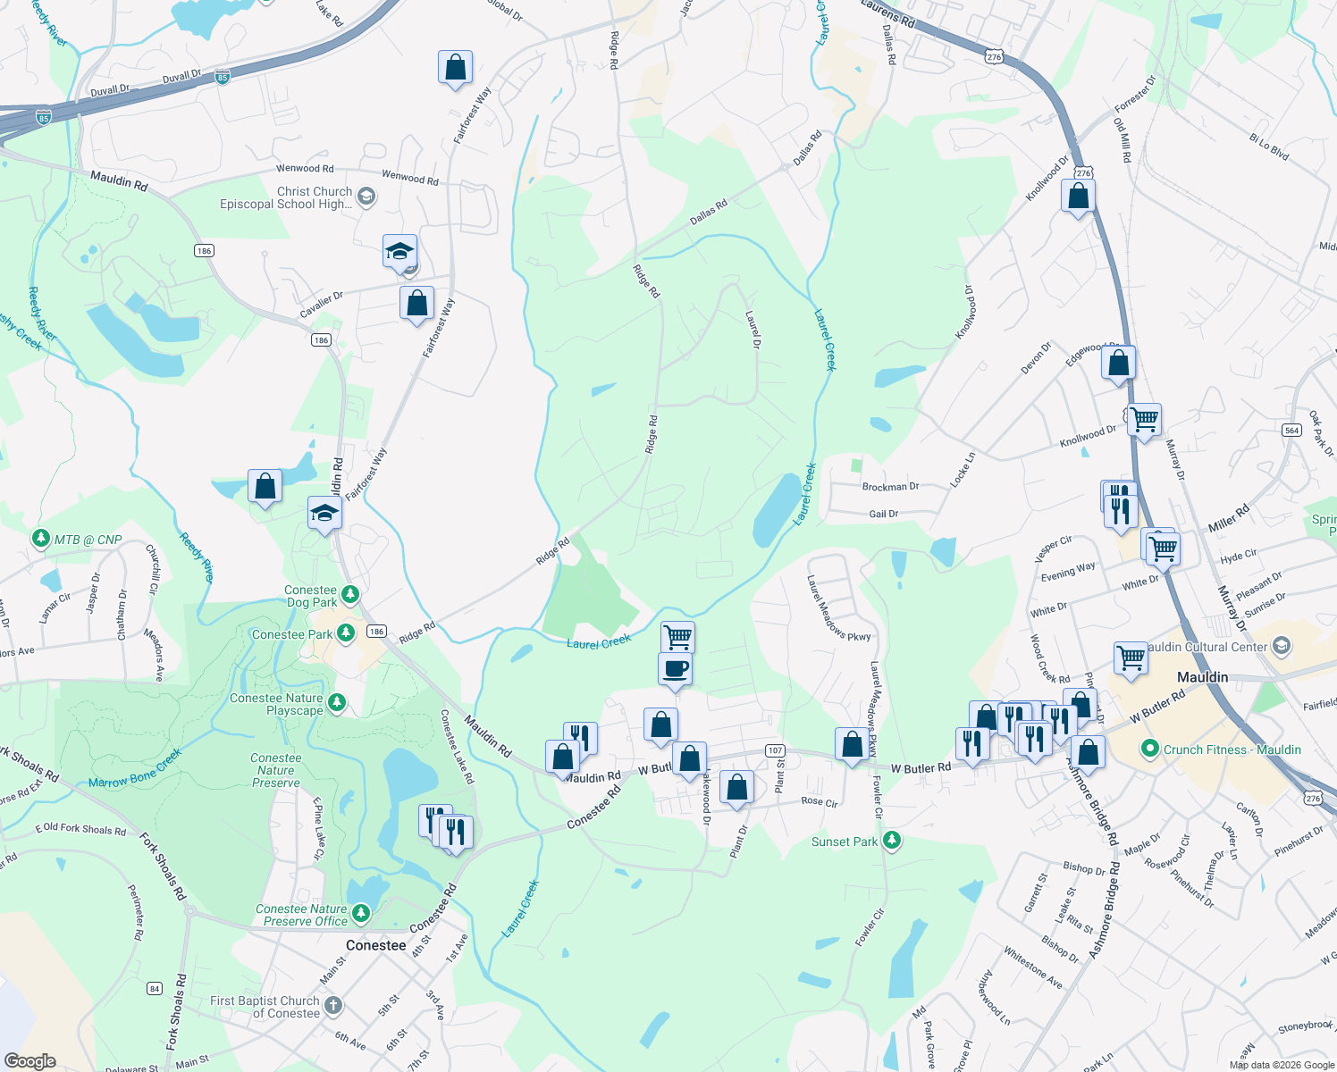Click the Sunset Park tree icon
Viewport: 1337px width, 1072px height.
(891, 841)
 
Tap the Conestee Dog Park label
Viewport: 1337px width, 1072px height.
(311, 596)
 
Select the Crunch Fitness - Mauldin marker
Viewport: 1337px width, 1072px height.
(1150, 749)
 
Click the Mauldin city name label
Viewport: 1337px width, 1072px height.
(1202, 677)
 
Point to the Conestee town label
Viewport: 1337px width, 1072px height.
(375, 945)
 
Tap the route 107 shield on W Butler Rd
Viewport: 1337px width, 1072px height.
(775, 750)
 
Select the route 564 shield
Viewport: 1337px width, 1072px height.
(1291, 430)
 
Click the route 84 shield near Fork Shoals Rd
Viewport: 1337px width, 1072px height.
(155, 988)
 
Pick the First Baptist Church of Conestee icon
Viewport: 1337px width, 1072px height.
(333, 1006)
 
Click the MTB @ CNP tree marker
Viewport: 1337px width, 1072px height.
(40, 538)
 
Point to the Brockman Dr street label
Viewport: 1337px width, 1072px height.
(890, 487)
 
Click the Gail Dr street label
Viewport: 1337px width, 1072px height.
(883, 514)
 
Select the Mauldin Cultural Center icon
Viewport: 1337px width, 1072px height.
(1282, 646)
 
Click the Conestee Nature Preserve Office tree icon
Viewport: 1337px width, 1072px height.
(361, 913)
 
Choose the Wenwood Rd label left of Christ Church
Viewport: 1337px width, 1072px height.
(304, 168)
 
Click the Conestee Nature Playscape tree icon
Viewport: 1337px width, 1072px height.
(337, 702)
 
